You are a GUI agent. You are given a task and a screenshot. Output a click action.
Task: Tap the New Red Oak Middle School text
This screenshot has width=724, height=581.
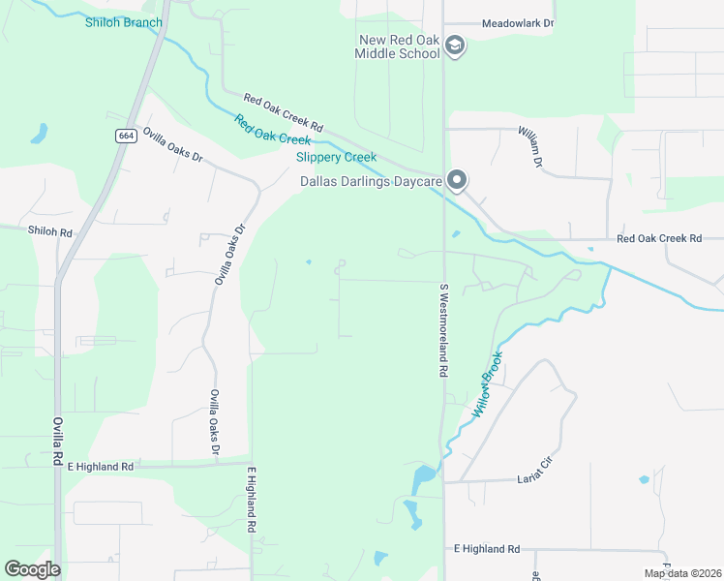click(x=401, y=46)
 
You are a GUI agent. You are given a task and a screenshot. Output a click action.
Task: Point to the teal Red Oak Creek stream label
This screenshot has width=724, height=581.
click(x=272, y=130)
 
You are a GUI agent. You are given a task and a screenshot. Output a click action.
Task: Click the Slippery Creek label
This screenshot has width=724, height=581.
click(x=335, y=157)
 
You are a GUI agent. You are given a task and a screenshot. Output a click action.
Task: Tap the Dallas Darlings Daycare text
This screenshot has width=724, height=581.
click(x=371, y=181)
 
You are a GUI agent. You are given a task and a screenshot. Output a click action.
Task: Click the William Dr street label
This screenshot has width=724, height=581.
click(x=530, y=145)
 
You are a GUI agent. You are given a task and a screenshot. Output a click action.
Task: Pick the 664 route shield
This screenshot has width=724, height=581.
click(x=126, y=136)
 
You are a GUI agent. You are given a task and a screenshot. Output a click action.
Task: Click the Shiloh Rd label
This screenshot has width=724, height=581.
click(x=50, y=232)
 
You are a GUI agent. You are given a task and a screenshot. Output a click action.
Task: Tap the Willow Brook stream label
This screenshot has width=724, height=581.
click(x=488, y=385)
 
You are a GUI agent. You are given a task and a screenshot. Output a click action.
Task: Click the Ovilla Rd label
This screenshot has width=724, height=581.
click(x=57, y=441)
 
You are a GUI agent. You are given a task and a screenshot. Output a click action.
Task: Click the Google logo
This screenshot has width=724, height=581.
click(x=32, y=569)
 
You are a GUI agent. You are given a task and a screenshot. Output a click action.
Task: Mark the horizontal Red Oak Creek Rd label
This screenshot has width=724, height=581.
click(x=658, y=238)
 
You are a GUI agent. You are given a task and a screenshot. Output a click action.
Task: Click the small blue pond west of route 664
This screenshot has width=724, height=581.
click(x=39, y=134)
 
